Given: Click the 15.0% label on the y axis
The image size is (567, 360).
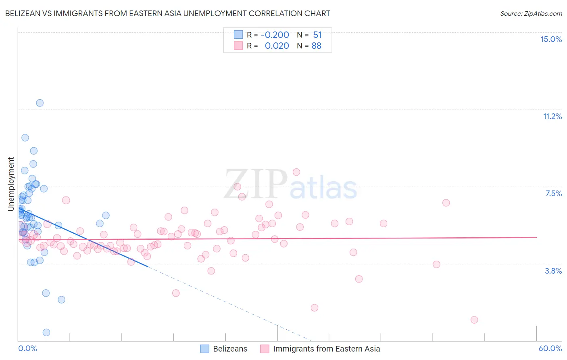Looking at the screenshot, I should point(551,39).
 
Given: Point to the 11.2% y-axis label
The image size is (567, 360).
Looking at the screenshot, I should point(552,116).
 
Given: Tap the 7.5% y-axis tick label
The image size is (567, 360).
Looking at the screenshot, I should point(553,193).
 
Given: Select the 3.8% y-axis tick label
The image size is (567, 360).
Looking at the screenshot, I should point(553,271).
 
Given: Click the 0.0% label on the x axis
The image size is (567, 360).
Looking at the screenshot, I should point(27,348).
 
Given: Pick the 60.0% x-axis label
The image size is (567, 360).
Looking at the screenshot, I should point(550,348).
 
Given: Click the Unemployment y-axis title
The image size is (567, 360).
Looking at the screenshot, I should point(11,184).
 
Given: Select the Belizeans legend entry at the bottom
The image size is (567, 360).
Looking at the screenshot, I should point(230,349).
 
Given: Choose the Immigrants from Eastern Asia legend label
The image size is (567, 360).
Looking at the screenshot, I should point(326,349).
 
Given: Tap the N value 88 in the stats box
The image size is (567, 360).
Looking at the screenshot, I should point(316,46).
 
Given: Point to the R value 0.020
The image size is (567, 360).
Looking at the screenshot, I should point(277,46).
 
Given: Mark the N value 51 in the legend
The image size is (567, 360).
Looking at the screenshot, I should point(317,35).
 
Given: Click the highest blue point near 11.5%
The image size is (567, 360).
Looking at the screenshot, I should point(40,103).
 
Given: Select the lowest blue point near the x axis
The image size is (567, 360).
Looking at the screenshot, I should point(46,332).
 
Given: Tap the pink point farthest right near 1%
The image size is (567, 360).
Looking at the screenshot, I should point(474,320).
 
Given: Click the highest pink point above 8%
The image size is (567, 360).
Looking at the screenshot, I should point(296,172).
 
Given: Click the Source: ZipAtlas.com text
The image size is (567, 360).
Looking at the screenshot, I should point(531,14).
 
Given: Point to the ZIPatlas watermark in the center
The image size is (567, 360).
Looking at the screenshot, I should point(290,184).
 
